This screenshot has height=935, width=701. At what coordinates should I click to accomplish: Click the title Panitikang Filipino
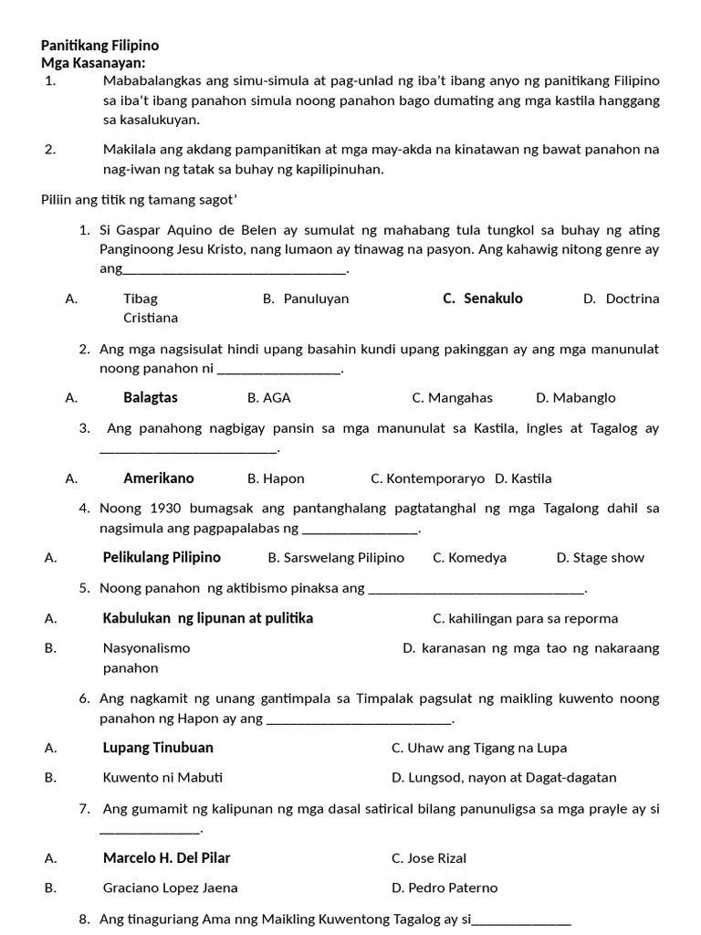99,45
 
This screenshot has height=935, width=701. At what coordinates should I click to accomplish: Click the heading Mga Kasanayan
93,62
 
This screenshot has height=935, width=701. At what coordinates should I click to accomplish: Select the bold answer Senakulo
493,299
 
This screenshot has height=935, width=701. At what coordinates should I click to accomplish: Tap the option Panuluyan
316,299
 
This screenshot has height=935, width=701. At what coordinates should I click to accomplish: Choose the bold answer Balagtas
151,397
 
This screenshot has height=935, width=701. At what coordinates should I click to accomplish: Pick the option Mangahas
461,397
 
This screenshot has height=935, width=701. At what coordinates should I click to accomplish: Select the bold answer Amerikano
159,478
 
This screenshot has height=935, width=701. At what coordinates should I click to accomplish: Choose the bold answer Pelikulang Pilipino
162,557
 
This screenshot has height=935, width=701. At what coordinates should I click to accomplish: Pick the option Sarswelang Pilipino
344,557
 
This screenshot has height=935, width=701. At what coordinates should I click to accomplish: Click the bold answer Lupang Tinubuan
158,748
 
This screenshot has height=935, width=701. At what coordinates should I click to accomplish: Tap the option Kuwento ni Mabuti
162,778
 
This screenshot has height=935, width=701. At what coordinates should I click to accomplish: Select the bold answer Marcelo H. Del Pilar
166,857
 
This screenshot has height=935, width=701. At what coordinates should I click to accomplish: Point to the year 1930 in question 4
166,509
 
